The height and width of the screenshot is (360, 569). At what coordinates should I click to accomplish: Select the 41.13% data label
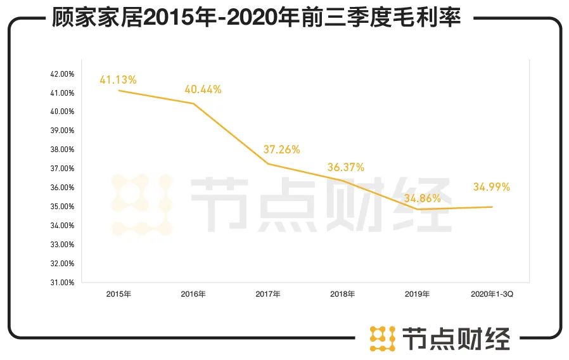(x=118, y=80)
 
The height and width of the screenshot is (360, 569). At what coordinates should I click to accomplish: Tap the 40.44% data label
(x=203, y=89)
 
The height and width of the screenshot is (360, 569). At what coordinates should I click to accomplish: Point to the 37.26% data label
(x=281, y=150)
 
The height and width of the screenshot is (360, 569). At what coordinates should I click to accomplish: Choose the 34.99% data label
(x=492, y=187)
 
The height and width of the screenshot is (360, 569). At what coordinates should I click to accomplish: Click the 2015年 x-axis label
(x=118, y=294)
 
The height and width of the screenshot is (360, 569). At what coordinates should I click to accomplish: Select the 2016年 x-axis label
(x=193, y=294)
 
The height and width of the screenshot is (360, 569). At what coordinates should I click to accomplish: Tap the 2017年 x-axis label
(x=268, y=294)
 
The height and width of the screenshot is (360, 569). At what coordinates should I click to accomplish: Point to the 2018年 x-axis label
(x=343, y=294)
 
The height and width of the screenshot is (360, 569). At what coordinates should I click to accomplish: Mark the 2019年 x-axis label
(x=418, y=294)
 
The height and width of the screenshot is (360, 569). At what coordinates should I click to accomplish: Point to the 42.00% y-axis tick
(x=62, y=74)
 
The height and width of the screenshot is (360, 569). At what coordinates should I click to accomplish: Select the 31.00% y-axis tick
(x=62, y=282)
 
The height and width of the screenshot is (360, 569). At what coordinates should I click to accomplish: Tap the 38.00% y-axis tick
(x=62, y=150)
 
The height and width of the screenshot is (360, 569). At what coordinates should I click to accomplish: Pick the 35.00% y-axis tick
(x=62, y=207)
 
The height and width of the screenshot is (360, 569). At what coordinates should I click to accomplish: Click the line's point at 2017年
(x=268, y=164)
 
